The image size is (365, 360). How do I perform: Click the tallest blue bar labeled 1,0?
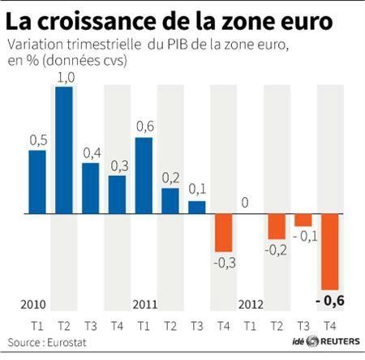point(64,150)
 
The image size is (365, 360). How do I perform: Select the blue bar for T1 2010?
point(37,182)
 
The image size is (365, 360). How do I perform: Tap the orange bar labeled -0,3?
point(224,234)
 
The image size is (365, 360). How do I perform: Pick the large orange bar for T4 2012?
point(329,252)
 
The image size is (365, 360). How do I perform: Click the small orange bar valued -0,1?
point(303,221)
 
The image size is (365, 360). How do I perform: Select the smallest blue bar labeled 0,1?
point(197,208)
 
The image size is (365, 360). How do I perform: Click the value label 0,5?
point(37,140)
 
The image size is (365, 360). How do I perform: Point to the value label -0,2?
point(276,250)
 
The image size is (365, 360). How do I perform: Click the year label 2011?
point(144,304)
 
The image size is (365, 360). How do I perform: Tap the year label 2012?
point(251,304)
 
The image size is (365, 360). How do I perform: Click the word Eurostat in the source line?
point(67,343)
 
